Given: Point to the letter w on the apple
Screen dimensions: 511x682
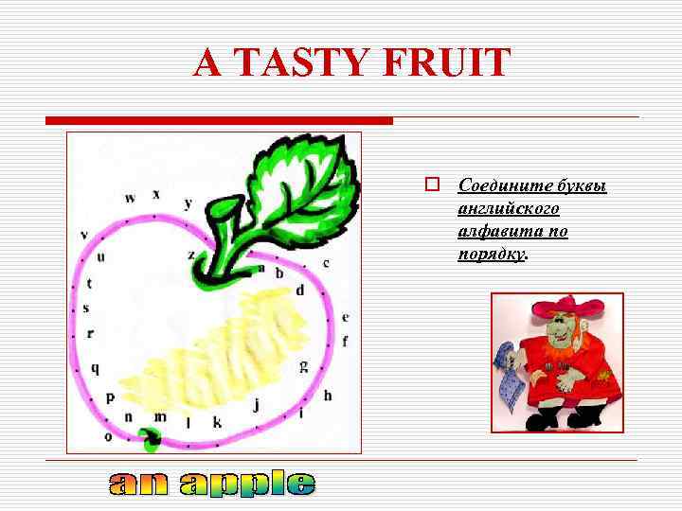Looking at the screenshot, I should pos(130,198).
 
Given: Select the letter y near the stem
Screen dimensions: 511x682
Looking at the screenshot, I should pos(188,203).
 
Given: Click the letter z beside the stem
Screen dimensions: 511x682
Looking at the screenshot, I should pos(191,254).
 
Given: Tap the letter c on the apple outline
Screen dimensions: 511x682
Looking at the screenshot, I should pos(326,263).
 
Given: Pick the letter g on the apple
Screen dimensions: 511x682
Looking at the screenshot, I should pos(303,364).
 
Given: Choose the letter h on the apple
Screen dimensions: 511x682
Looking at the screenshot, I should pos(328,395).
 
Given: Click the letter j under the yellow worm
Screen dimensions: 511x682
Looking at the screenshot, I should pos(256,404).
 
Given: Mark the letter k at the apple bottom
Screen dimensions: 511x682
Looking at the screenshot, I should pos(217,422).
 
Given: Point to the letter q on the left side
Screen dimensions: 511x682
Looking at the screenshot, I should pos(95,368).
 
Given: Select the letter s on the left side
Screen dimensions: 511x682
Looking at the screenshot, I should pos(86,308).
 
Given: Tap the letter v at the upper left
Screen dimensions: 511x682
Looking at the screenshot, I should pos(84,234).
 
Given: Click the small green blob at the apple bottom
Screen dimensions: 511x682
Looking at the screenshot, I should pos(149,436).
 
